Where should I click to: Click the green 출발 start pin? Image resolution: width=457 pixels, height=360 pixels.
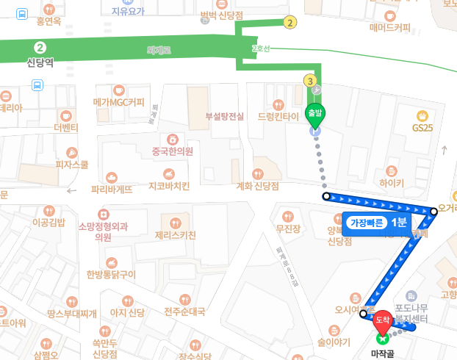pyautogui.click(x=315, y=115)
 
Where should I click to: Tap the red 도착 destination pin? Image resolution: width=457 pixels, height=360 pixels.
pyautogui.click(x=382, y=320)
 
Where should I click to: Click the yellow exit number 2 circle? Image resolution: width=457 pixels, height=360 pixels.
pyautogui.click(x=291, y=23)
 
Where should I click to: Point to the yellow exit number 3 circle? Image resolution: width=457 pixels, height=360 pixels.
pyautogui.click(x=311, y=81)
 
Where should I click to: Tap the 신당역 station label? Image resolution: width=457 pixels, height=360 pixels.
pyautogui.click(x=41, y=62)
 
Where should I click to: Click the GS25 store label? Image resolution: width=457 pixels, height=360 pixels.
pyautogui.click(x=422, y=126)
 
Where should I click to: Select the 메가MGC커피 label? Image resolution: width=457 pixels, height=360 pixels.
pyautogui.click(x=118, y=101)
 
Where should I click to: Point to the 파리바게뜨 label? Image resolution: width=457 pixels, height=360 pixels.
pyautogui.click(x=112, y=189)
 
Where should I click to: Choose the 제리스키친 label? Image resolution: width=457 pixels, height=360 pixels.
pyautogui.click(x=175, y=235)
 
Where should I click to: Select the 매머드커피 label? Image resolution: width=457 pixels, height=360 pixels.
pyautogui.click(x=390, y=28)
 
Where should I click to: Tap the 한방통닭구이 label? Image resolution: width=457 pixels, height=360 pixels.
pyautogui.click(x=111, y=274)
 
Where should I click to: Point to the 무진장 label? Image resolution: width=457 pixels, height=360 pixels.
pyautogui.click(x=288, y=229)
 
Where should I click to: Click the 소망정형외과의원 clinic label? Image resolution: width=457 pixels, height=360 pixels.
pyautogui.click(x=103, y=231)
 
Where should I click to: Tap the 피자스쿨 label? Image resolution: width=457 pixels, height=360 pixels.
pyautogui.click(x=72, y=165)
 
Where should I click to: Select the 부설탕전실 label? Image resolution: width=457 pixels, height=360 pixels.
pyautogui.click(x=225, y=116)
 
